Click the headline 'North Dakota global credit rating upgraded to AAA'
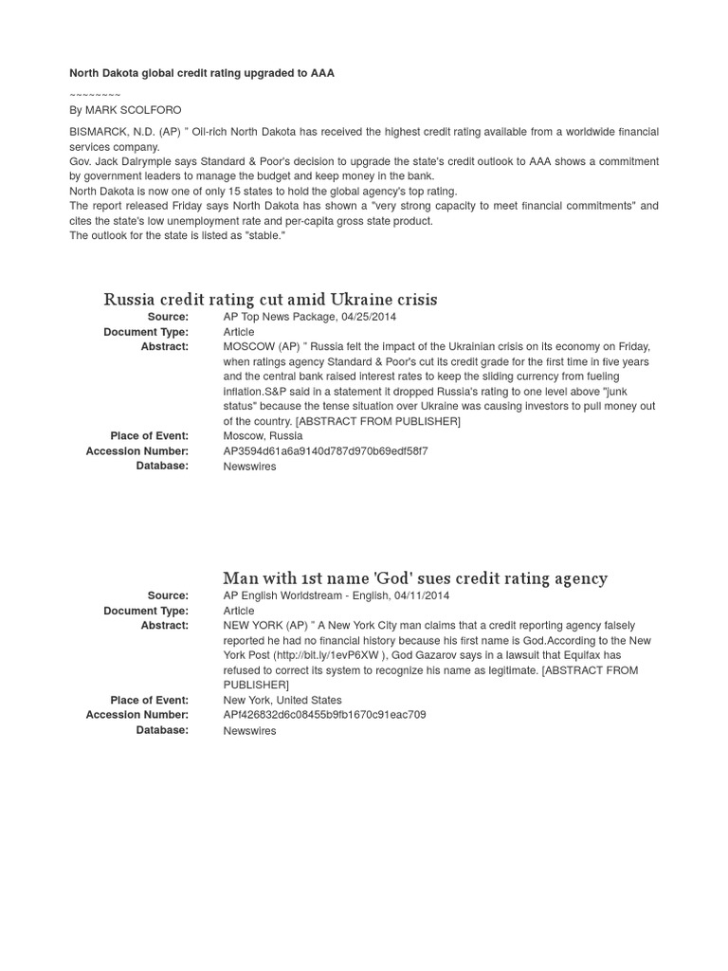[202, 73]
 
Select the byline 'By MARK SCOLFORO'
[125, 110]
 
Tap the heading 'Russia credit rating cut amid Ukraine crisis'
[270, 300]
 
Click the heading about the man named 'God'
[415, 578]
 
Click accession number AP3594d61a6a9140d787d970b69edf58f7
[325, 451]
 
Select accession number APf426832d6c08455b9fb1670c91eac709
[324, 715]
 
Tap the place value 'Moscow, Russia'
[263, 436]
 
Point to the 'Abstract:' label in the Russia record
[164, 347]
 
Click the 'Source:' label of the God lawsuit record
[168, 595]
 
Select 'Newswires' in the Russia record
[249, 467]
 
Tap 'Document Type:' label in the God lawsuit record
[146, 611]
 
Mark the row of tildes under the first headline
[95, 94]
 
